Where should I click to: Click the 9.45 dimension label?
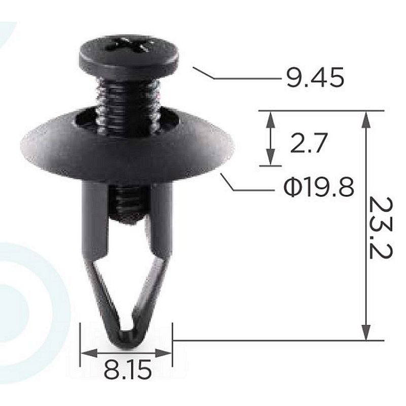coord(315,77)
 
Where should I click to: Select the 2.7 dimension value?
coord(309,143)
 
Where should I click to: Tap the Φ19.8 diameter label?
coord(319,187)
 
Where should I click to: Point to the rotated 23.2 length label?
coord(380,228)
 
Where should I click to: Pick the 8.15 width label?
coord(127,370)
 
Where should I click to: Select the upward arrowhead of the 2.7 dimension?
coord(270,120)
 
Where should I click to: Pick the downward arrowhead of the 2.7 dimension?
coord(270,156)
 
